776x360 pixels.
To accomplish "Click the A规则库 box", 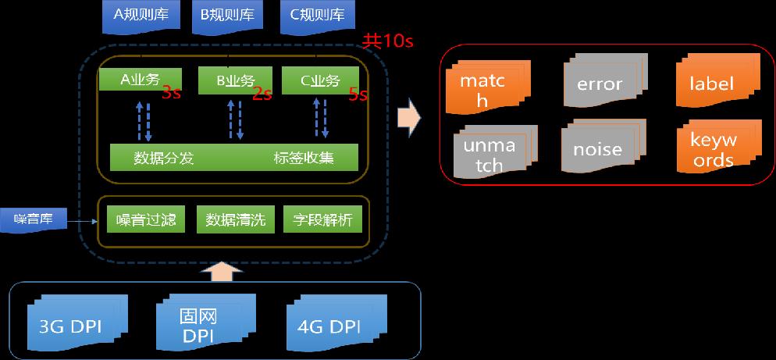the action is (x=141, y=16).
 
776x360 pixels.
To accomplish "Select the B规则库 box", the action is (x=227, y=16).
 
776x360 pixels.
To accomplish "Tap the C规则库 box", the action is (x=318, y=16).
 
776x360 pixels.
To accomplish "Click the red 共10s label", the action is (x=387, y=41).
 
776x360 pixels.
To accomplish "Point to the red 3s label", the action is (x=171, y=93).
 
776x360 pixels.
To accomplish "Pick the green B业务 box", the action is (x=235, y=80).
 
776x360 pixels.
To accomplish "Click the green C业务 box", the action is (x=320, y=80).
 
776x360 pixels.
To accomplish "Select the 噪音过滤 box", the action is (x=146, y=219).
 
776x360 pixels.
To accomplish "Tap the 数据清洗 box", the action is (x=235, y=219).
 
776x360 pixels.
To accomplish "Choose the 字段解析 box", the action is (x=322, y=219).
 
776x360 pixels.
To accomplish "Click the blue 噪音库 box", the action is (x=33, y=219).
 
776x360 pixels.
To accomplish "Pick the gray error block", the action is (x=605, y=80).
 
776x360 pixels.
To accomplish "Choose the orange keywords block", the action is (x=718, y=147).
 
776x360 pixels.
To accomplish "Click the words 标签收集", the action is (x=304, y=158).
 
